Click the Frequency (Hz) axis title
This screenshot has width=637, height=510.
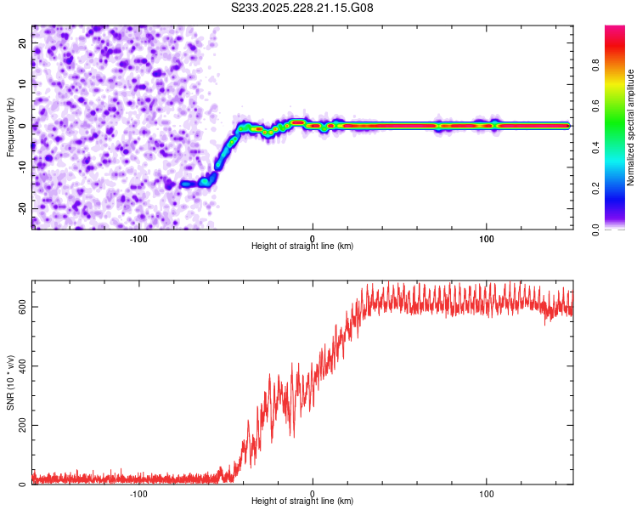[x=10, y=126]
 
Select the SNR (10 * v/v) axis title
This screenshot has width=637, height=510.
[x=10, y=382]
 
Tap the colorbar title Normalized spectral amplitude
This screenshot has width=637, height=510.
[x=632, y=128]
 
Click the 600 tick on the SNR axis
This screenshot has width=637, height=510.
[x=23, y=306]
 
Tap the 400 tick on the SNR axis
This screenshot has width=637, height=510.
[x=23, y=365]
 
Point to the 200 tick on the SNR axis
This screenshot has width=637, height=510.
[x=23, y=425]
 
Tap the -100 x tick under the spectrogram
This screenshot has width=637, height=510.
[x=138, y=238]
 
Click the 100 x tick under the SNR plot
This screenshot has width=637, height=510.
[x=487, y=493]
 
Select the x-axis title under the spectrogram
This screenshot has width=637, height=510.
[x=302, y=246]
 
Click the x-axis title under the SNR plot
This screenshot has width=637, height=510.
[x=302, y=502]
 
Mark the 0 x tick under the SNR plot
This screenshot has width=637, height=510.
[x=313, y=493]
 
